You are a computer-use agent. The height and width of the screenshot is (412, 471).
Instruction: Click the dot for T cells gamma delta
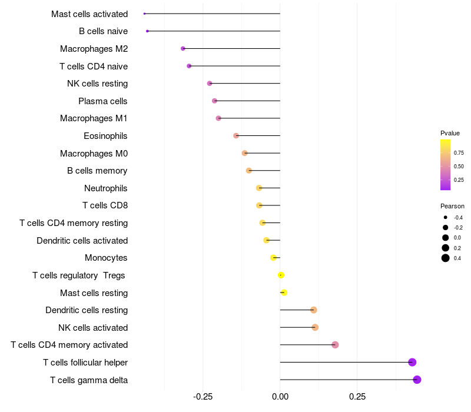[417, 380]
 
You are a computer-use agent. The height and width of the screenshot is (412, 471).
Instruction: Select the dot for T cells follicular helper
[412, 362]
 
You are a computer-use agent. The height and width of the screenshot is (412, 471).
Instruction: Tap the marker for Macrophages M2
[183, 48]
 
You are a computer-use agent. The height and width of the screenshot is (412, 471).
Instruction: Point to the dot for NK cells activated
[315, 327]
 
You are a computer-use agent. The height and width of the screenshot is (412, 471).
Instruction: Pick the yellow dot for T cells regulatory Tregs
[281, 275]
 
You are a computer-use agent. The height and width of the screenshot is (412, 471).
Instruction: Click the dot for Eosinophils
[236, 135]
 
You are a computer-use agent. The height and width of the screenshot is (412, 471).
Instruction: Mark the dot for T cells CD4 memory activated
[335, 345]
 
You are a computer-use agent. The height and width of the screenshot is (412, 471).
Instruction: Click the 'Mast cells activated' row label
[89, 14]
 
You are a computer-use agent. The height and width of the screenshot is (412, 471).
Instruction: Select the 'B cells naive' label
[103, 31]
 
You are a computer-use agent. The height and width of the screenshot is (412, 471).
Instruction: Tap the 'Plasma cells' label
[102, 101]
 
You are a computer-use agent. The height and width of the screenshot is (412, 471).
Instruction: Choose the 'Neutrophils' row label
[105, 188]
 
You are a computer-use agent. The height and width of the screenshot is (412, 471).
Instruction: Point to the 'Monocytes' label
[106, 258]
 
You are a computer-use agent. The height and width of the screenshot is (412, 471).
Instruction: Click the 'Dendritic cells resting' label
[87, 310]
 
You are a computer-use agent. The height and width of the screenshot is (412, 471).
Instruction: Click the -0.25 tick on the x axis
[203, 397]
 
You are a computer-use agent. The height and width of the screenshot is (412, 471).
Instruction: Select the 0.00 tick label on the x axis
[280, 397]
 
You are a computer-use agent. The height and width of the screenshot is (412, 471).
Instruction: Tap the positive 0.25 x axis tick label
[357, 397]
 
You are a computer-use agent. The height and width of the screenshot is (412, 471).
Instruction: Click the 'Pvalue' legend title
[450, 133]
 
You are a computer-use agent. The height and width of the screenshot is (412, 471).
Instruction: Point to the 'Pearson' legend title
[452, 206]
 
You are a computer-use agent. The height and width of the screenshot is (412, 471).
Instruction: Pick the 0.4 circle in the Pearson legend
[446, 258]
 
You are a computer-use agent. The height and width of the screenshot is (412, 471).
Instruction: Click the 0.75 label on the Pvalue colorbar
[459, 152]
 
